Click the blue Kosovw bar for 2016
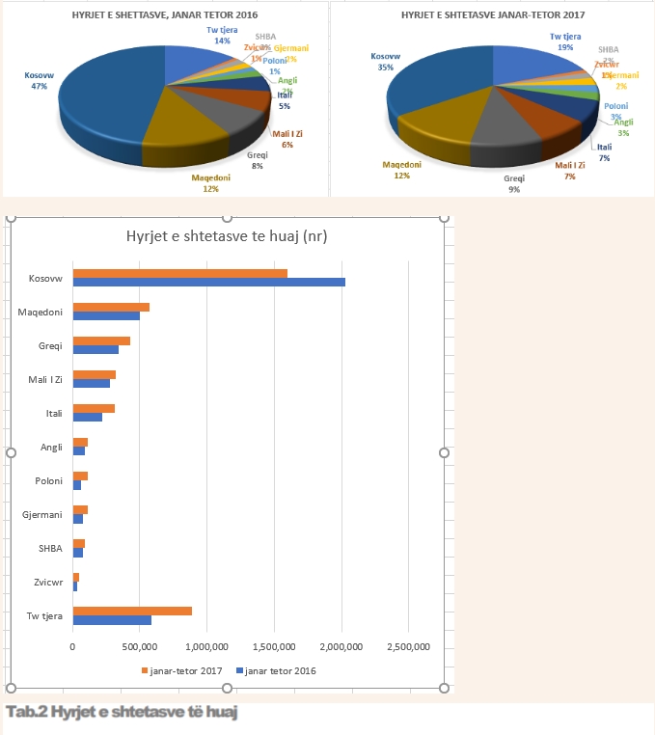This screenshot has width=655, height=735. (x=208, y=283)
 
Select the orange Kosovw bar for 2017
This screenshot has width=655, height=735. (x=179, y=273)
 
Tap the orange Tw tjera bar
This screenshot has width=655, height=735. (x=132, y=611)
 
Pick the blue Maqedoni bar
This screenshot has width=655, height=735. (x=106, y=316)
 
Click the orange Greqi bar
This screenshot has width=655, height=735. (x=101, y=340)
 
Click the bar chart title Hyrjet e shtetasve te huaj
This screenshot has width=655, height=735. (x=227, y=237)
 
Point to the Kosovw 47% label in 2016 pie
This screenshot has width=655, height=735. (x=39, y=79)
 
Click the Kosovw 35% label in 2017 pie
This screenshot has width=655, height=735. (x=386, y=62)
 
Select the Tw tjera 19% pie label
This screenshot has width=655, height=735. (x=565, y=41)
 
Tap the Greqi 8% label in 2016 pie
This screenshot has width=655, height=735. (x=257, y=161)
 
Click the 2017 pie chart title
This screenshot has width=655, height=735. (x=493, y=16)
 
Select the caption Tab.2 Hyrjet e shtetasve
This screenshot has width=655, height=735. (x=121, y=712)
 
